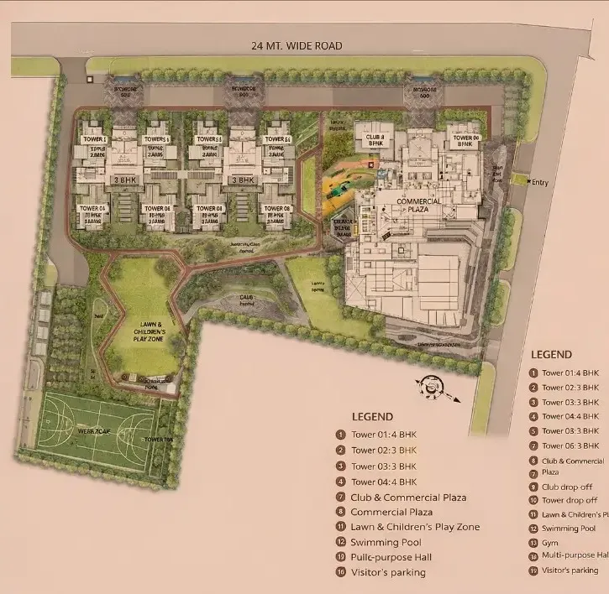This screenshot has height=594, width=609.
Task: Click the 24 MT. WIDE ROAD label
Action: coord(297,46)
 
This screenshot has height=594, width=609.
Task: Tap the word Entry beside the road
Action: coord(539,182)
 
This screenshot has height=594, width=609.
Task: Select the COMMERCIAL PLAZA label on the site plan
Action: coord(413,206)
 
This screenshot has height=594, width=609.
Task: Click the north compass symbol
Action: coord(433,386)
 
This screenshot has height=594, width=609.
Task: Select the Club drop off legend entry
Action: coord(567,487)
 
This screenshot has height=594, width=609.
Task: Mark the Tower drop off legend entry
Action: coord(570,501)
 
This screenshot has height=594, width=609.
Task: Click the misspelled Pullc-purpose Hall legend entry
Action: coord(391,557)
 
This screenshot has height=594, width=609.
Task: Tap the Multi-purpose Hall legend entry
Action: coord(575,555)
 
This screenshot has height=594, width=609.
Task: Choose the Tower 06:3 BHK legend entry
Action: coord(570,446)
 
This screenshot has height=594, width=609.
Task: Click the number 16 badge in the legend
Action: coord(340,572)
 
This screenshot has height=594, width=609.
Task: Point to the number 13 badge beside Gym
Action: coord(533,544)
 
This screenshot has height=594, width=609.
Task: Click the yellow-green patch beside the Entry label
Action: coord(520,180)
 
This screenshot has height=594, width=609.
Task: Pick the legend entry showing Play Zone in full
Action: coord(415,527)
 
